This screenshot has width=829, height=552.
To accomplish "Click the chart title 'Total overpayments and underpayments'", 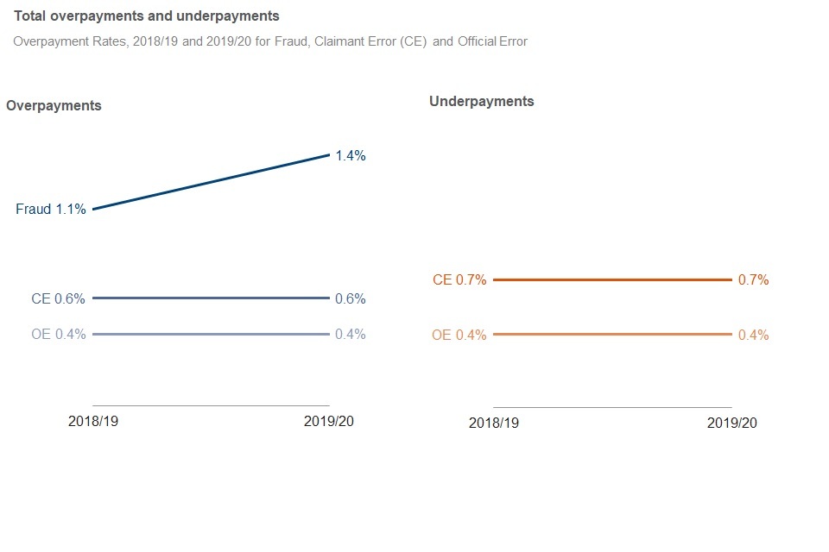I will coord(147,16).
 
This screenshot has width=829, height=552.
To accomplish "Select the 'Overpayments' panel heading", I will coord(54,106).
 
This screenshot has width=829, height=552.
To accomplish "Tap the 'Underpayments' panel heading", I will coord(481,102).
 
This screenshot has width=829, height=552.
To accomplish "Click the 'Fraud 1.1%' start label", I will coord(51,209).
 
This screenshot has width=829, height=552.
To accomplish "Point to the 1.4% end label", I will coord(351,156).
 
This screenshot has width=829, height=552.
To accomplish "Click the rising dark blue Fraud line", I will coord(211,182).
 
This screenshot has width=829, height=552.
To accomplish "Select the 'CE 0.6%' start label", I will coord(58,299).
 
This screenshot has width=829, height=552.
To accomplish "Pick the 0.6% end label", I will coord(351,299).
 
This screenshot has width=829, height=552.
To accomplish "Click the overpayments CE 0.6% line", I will coord(211,298).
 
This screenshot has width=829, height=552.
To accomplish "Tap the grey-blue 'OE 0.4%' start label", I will coord(58,335).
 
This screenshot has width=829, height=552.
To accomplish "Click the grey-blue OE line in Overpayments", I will coord(211,334).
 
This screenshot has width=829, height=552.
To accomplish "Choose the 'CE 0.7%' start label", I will coord(459,280).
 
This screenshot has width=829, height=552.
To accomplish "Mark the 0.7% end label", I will coord(753,280).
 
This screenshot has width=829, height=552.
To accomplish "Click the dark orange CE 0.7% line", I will coord(612,279).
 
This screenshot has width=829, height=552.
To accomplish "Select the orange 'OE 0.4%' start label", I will coord(459,336).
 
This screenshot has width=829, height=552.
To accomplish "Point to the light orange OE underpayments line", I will coord(612,334).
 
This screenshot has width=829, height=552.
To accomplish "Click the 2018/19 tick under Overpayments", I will coord(93,422).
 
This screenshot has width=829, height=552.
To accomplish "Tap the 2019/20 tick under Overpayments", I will coord(329,422).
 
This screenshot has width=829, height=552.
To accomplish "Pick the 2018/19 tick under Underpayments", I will coord(494,423).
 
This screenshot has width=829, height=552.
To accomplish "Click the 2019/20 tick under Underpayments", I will coord(731,423).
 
